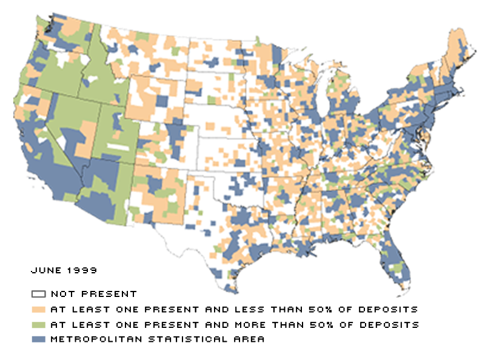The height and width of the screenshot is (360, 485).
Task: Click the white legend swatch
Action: (39, 294)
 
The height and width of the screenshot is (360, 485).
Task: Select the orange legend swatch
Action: (39, 309)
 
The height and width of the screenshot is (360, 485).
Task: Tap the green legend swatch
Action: (39, 324)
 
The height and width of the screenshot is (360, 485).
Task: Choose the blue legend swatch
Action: (39, 339)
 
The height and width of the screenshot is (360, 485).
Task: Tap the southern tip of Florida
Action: (401, 292)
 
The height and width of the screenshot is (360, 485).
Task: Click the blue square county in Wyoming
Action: (162, 101)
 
